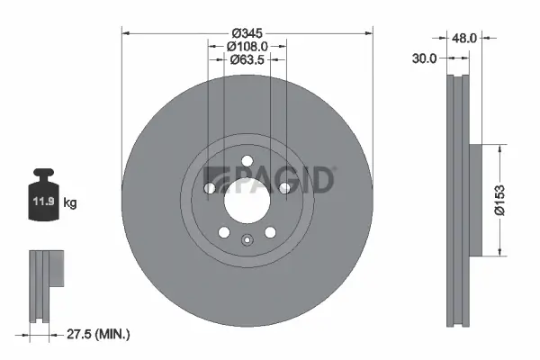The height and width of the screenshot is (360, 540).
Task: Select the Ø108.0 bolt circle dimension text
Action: coord(247,45)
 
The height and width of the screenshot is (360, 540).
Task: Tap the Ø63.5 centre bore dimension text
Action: coord(247,60)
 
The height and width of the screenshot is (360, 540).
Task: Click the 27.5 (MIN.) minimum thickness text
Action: coord(101,334)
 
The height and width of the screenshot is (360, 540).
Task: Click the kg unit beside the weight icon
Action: coord(70,203)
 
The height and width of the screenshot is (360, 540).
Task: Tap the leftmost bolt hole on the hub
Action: coord(209,188)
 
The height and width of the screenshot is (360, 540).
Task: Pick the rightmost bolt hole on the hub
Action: coord(284,188)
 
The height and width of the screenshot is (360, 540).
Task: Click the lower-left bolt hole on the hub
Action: coord(223,232)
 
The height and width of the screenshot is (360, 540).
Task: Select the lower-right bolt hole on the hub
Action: coord(270,232)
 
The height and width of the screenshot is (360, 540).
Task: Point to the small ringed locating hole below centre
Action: coord(247,239)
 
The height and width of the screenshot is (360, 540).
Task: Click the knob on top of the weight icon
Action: coord(42,172)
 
